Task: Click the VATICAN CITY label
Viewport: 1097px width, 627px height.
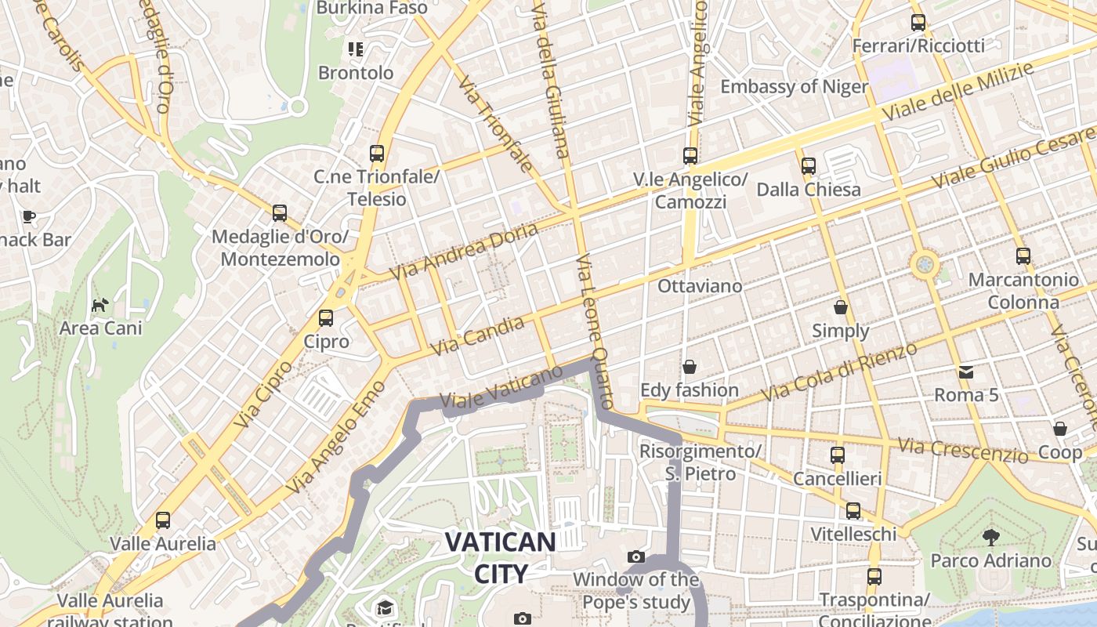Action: tap(501, 557)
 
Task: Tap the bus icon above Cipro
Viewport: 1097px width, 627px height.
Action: tap(325, 318)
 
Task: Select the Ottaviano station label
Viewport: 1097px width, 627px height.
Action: tap(700, 286)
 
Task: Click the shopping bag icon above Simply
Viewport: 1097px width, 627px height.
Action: tap(841, 306)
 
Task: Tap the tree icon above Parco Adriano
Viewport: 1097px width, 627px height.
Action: tap(990, 537)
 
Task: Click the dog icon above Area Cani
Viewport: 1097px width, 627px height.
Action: tap(100, 304)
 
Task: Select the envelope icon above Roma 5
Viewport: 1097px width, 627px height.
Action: tap(965, 371)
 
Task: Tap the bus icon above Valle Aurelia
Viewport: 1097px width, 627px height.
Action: tap(163, 520)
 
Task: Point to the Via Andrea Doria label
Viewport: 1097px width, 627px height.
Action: tap(465, 252)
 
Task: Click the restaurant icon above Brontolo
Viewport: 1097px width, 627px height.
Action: tap(356, 50)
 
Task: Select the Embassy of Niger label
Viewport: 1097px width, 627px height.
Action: tap(794, 86)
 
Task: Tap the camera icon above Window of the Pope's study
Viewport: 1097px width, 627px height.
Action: tap(636, 557)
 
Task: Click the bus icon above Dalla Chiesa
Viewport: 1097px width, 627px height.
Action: tap(809, 166)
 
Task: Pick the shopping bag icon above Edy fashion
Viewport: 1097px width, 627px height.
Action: tap(690, 367)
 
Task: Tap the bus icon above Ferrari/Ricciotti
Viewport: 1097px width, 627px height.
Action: tap(918, 23)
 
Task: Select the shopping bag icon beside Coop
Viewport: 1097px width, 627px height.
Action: tap(1059, 429)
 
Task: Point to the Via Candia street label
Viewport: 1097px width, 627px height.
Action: tap(477, 335)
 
